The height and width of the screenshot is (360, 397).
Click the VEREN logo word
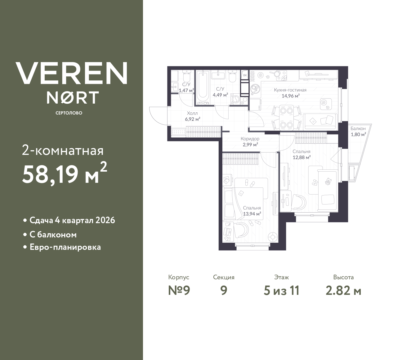[72, 73]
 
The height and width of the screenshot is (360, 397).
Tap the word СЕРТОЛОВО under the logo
[69, 113]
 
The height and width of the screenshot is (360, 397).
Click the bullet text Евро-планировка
[65, 247]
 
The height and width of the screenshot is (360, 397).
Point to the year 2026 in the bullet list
[105, 220]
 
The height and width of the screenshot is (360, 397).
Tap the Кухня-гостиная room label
[290, 90]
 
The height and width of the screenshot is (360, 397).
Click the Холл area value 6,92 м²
[192, 119]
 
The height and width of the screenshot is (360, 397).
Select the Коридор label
[250, 139]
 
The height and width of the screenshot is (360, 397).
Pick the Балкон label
[358, 128]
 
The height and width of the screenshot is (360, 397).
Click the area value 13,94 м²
[252, 214]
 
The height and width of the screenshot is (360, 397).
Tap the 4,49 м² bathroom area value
[220, 95]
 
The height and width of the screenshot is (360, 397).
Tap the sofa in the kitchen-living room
[320, 121]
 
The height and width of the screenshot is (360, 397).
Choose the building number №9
[179, 291]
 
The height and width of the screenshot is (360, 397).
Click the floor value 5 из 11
[281, 291]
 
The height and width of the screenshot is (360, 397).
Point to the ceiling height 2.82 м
[343, 291]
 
